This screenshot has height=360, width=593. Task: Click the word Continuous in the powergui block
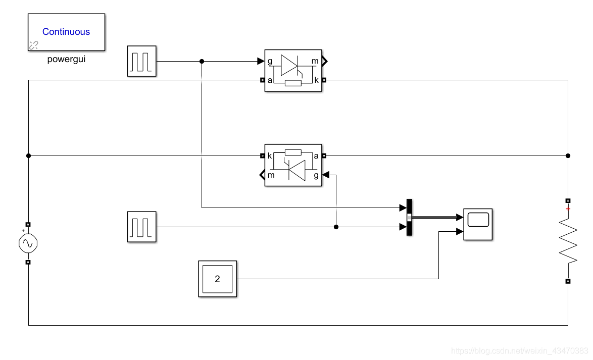(x=66, y=32)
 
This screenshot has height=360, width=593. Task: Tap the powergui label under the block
(x=66, y=60)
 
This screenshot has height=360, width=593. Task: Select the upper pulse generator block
(x=142, y=61)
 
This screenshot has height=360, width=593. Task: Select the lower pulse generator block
(x=142, y=227)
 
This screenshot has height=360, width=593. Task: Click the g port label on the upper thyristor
(x=270, y=61)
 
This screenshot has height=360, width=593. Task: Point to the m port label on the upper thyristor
(x=315, y=61)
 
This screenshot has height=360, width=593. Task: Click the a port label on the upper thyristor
(x=270, y=80)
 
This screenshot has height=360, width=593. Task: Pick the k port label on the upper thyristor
(x=317, y=80)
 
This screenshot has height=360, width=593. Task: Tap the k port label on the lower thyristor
(x=270, y=156)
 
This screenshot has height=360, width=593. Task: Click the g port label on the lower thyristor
(x=316, y=175)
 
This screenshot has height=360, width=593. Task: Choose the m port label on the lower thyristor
(x=271, y=175)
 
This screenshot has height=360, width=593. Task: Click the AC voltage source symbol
(x=28, y=243)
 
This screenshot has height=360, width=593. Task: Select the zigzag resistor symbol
(x=568, y=241)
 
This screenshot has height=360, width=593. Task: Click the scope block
(x=478, y=224)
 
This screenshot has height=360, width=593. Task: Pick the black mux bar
(x=409, y=218)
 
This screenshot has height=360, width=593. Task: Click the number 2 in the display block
(x=218, y=279)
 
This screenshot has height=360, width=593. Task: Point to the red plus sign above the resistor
(x=568, y=209)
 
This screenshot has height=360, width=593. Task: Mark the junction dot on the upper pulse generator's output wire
(x=202, y=61)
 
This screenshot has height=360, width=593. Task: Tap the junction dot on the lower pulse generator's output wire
(x=336, y=227)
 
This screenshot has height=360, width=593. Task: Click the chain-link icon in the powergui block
(x=34, y=45)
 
